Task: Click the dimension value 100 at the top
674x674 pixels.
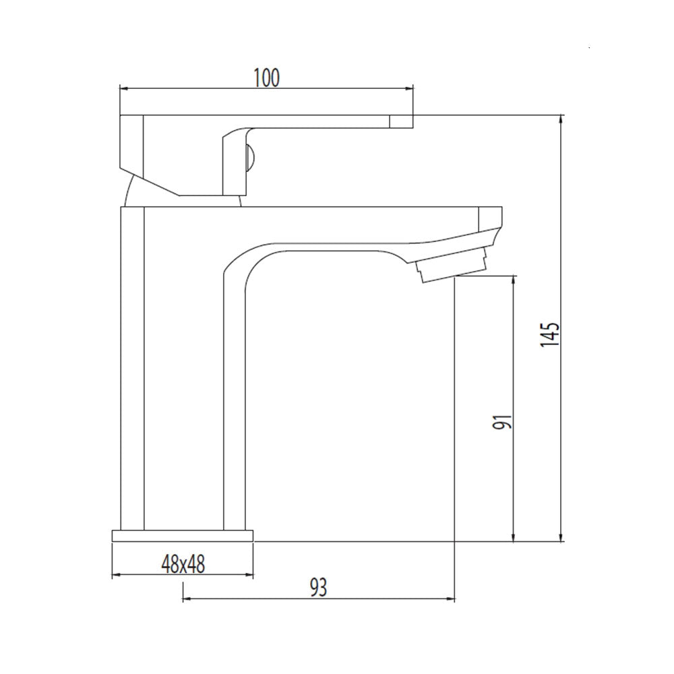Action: click(266, 78)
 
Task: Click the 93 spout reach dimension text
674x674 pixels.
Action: click(319, 587)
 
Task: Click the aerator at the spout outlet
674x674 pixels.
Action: click(452, 270)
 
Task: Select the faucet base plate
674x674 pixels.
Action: click(183, 536)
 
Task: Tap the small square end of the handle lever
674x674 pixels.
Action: click(402, 121)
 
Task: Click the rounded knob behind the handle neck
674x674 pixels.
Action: click(251, 158)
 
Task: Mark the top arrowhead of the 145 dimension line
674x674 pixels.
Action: click(561, 119)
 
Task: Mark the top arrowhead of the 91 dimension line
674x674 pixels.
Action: click(514, 280)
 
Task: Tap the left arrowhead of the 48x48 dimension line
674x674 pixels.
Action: click(115, 575)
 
